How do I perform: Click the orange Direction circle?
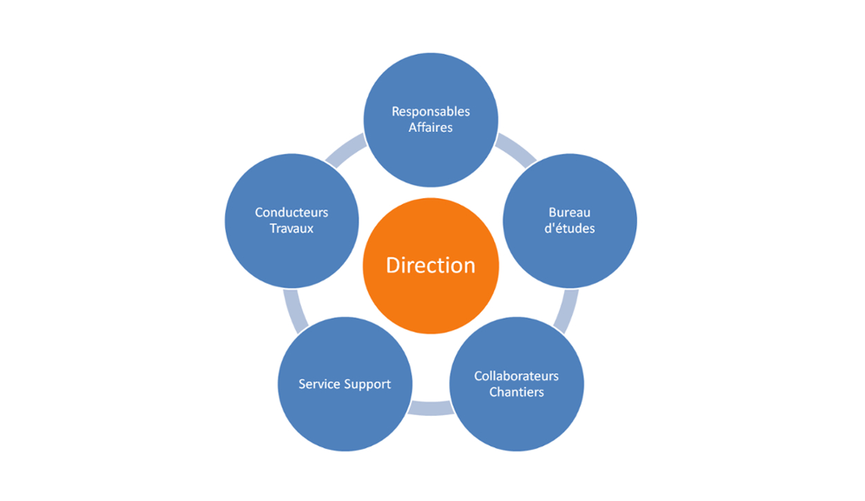tap(430, 266)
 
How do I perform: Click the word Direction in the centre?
tap(430, 265)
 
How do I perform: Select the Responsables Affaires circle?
tap(430, 120)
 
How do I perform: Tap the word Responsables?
tap(430, 111)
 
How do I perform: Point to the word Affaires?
tap(430, 127)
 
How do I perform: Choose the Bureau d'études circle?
tap(570, 221)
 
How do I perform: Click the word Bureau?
tap(570, 212)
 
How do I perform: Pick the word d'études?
tap(570, 228)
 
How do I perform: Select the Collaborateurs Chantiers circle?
tap(516, 384)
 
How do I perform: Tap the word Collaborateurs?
tap(516, 376)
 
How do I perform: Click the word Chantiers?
tap(516, 392)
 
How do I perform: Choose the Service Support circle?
tap(345, 384)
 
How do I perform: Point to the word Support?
tap(367, 385)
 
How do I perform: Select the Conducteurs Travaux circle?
tap(291, 221)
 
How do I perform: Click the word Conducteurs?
tap(291, 212)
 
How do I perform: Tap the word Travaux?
tap(291, 228)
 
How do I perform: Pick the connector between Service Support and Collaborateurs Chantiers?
tap(430, 408)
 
